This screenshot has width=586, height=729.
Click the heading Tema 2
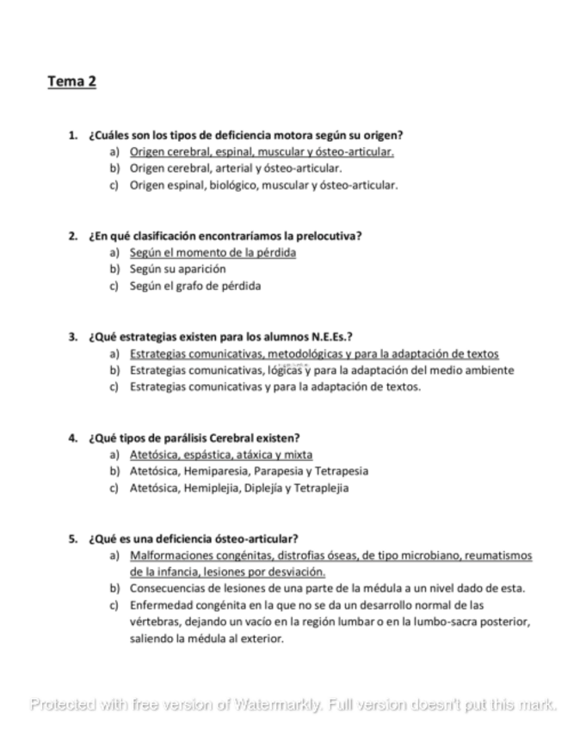pos(71,82)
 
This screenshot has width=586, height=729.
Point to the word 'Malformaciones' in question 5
pos(169,555)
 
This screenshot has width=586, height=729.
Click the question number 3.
pos(72,336)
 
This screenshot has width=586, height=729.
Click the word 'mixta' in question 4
pos(299,454)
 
